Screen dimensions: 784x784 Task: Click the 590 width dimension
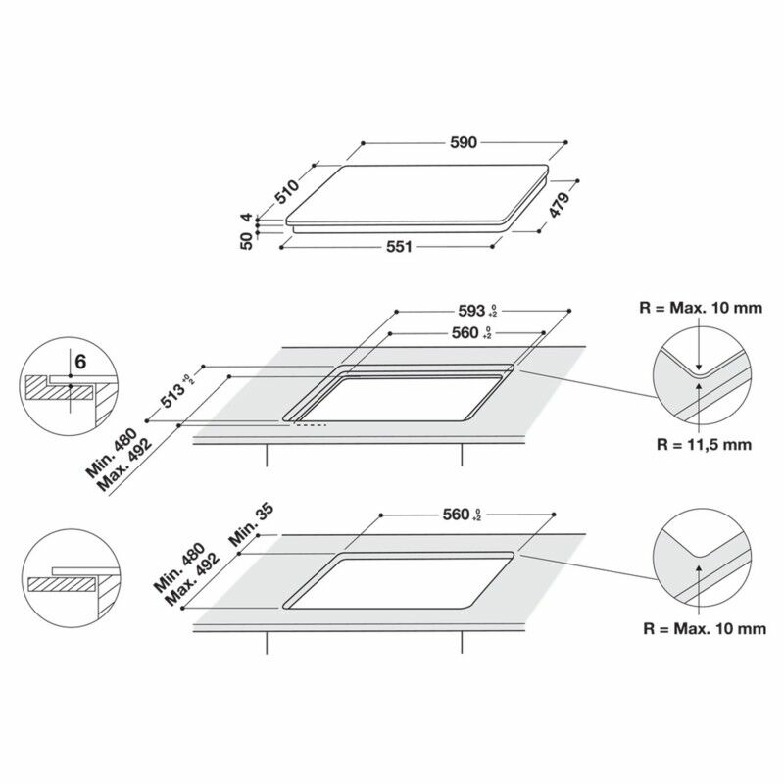464,142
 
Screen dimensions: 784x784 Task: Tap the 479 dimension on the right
560,205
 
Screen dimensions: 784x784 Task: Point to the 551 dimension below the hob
399,247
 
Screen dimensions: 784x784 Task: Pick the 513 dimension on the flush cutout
173,395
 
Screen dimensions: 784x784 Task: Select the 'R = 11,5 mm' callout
704,445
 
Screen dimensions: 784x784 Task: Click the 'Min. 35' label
251,524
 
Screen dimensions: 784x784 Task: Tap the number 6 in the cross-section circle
80,361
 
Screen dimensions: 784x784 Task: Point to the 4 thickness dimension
246,218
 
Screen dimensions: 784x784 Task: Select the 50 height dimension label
247,241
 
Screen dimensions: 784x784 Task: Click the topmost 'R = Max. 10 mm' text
701,308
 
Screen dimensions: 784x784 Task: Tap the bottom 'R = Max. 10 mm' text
705,629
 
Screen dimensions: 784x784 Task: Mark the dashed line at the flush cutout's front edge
310,425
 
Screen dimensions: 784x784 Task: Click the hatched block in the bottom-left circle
62,584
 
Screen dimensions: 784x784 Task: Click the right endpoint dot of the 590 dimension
565,142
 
